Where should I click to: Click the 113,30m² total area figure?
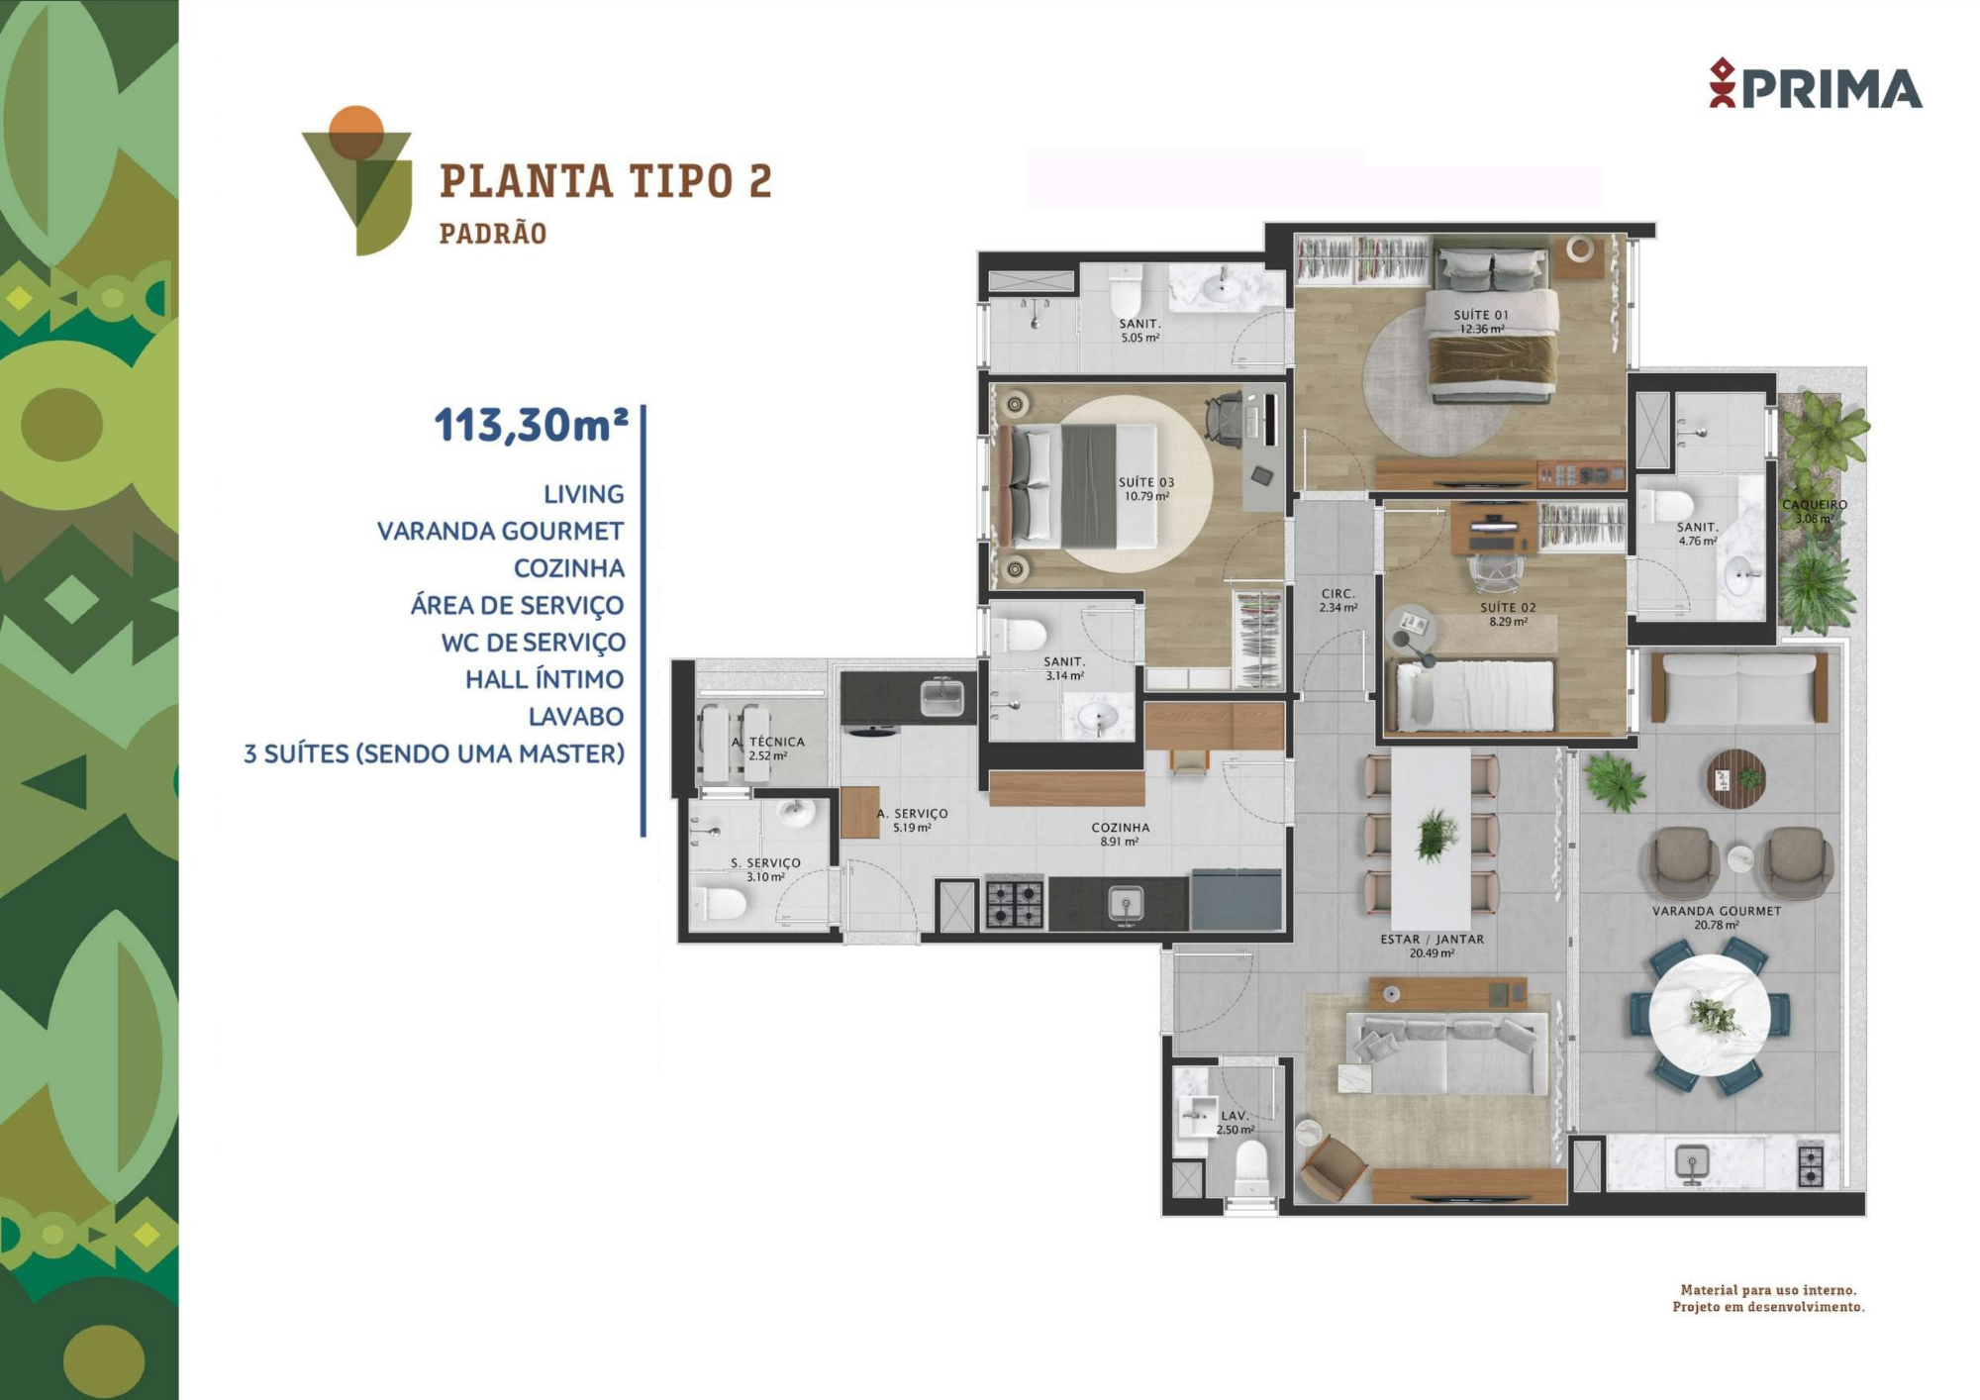pyautogui.click(x=532, y=425)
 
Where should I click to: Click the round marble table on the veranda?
pyautogui.click(x=1710, y=1015)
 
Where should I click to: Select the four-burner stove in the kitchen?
pyautogui.click(x=1015, y=903)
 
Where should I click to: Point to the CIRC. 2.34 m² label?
pyautogui.click(x=1337, y=601)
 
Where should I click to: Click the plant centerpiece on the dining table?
pyautogui.click(x=1435, y=835)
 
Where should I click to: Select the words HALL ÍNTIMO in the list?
pyautogui.click(x=544, y=679)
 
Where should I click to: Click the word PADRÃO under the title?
pyautogui.click(x=493, y=234)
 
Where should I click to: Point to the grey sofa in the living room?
pyautogui.click(x=1446, y=1052)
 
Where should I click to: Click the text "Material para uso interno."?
pyautogui.click(x=1768, y=1290)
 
